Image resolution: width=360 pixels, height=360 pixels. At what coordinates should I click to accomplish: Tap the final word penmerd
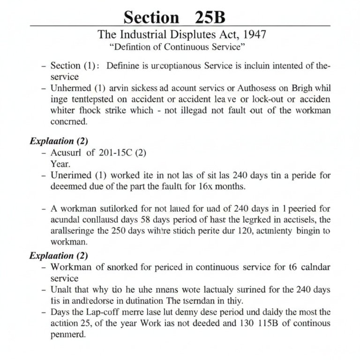[x=69, y=335]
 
